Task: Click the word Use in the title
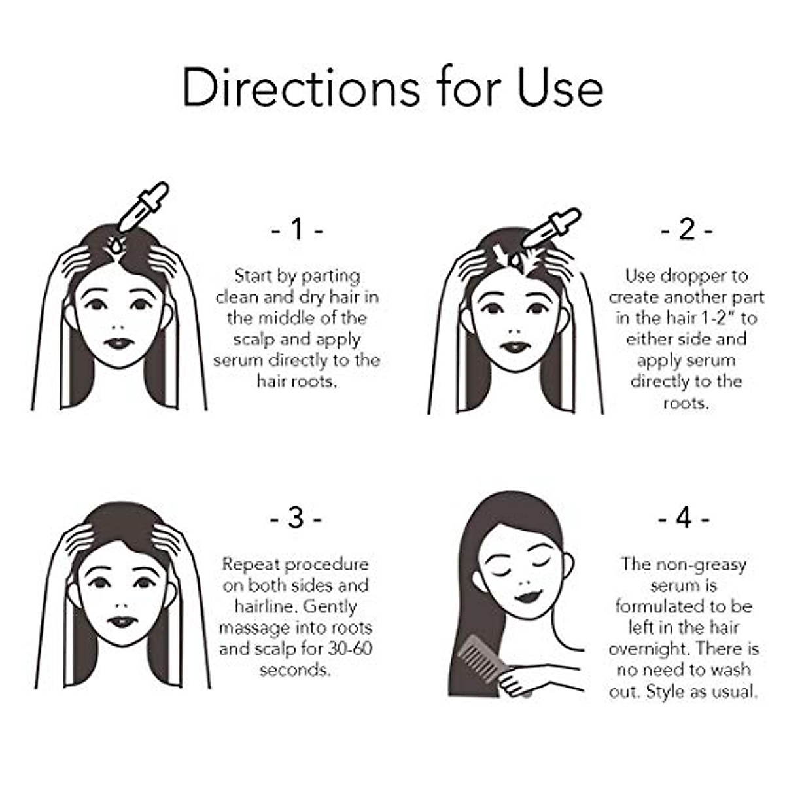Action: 561,88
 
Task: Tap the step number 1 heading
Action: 297,230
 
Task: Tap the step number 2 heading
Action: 686,230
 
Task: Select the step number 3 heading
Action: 296,518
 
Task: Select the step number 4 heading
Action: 684,518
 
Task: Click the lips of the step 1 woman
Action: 118,343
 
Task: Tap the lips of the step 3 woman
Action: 122,621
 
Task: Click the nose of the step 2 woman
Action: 515,326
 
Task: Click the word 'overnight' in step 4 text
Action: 649,648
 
